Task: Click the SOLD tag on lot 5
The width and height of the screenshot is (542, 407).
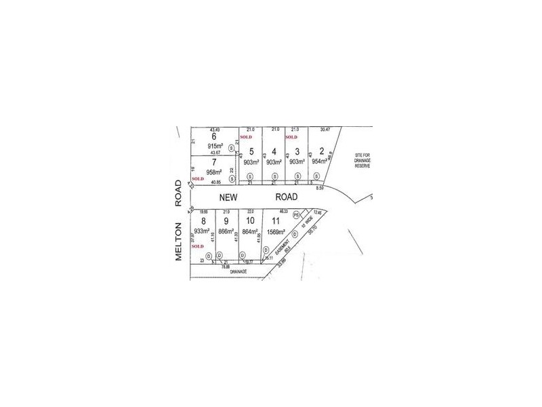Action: click(x=247, y=136)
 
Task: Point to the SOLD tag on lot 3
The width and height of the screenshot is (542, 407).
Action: click(x=293, y=136)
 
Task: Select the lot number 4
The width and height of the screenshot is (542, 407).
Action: click(x=274, y=151)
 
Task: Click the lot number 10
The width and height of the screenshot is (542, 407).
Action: click(x=250, y=221)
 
